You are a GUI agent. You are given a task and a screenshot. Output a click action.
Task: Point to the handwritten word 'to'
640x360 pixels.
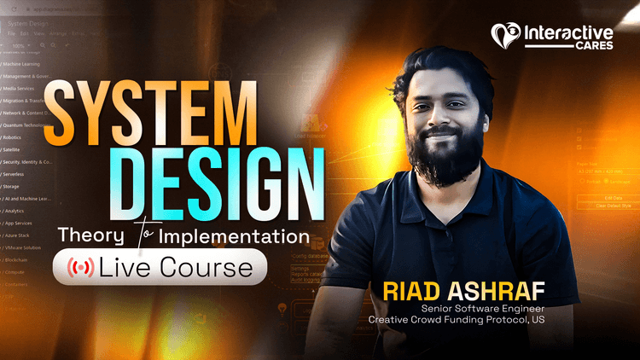tap(139, 232)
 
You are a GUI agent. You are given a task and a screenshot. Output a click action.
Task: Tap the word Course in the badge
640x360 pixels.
tap(214, 269)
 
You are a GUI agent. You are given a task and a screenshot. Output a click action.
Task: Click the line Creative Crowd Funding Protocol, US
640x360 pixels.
tap(456, 321)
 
